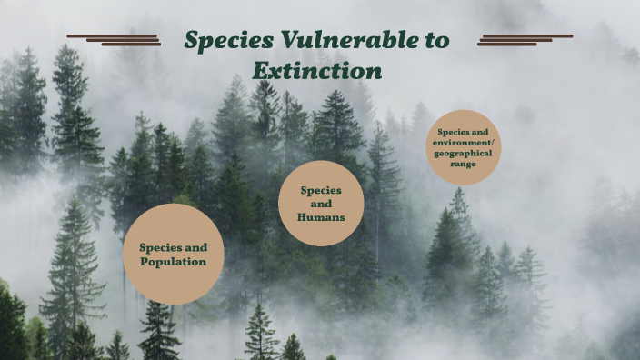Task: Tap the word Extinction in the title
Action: pyautogui.click(x=316, y=70)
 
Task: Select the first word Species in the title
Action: pyautogui.click(x=225, y=40)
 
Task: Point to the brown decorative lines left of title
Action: pyautogui.click(x=114, y=39)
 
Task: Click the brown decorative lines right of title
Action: pyautogui.click(x=525, y=39)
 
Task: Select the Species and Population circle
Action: pyautogui.click(x=174, y=254)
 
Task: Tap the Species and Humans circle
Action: pyautogui.click(x=321, y=204)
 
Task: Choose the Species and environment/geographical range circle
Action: pyautogui.click(x=464, y=147)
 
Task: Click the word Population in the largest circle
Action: pyautogui.click(x=173, y=262)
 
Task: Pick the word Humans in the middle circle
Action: pyautogui.click(x=321, y=217)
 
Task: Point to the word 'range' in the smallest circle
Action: pyautogui.click(x=464, y=164)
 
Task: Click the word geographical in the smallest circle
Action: pyautogui.click(x=464, y=153)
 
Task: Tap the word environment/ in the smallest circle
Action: pyautogui.click(x=464, y=143)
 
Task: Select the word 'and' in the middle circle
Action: pyautogui.click(x=321, y=204)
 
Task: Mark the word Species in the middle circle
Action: pyautogui.click(x=321, y=190)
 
